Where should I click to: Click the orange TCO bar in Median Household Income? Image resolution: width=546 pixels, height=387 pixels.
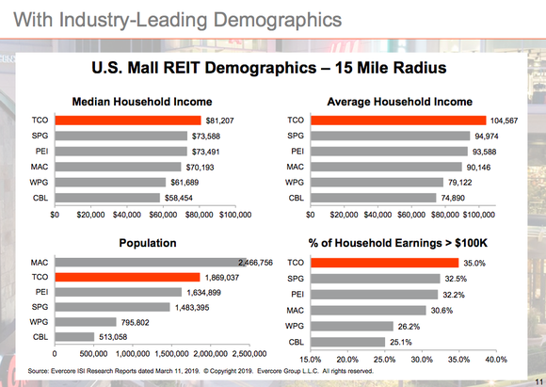coord(128,121)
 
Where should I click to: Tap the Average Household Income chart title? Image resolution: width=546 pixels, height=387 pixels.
coord(398,101)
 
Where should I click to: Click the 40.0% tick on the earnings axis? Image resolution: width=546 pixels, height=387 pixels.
coord(495,359)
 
